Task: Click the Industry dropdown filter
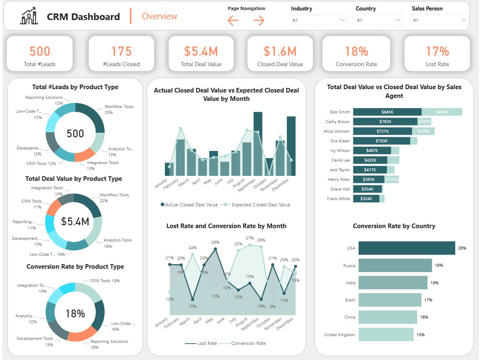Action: [319, 20]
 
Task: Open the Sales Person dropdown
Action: [440, 20]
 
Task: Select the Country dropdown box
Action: [378, 20]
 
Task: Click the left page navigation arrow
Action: [233, 21]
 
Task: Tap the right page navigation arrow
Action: [259, 21]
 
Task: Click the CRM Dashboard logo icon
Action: [29, 17]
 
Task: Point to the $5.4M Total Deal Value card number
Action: [201, 51]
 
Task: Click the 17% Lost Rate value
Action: [437, 51]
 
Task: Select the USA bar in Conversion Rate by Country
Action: [407, 248]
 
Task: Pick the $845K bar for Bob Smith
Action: [387, 112]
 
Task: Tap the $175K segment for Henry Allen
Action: [391, 180]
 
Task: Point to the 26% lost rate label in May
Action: [215, 242]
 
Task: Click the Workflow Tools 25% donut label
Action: [119, 109]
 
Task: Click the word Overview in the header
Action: [160, 17]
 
